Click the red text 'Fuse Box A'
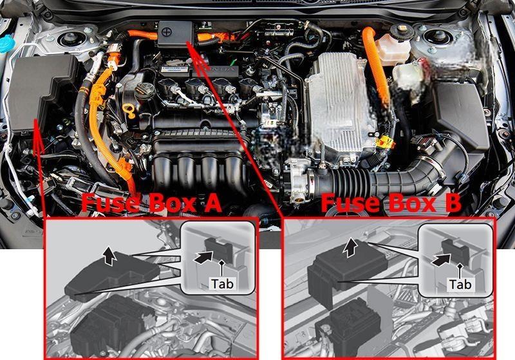pos(151,203)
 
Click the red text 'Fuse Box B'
pos(391,203)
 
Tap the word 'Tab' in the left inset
pos(222,284)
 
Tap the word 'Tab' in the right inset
pos(460,284)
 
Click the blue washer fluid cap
pos(6,43)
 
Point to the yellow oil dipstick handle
pos(128,110)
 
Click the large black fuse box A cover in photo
pos(42,93)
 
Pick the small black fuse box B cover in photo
pos(175,34)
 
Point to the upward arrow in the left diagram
pos(109,256)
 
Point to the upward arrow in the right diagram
pos(350,248)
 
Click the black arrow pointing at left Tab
pos(203,257)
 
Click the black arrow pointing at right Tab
pos(440,260)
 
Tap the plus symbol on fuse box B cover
pos(167,32)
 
